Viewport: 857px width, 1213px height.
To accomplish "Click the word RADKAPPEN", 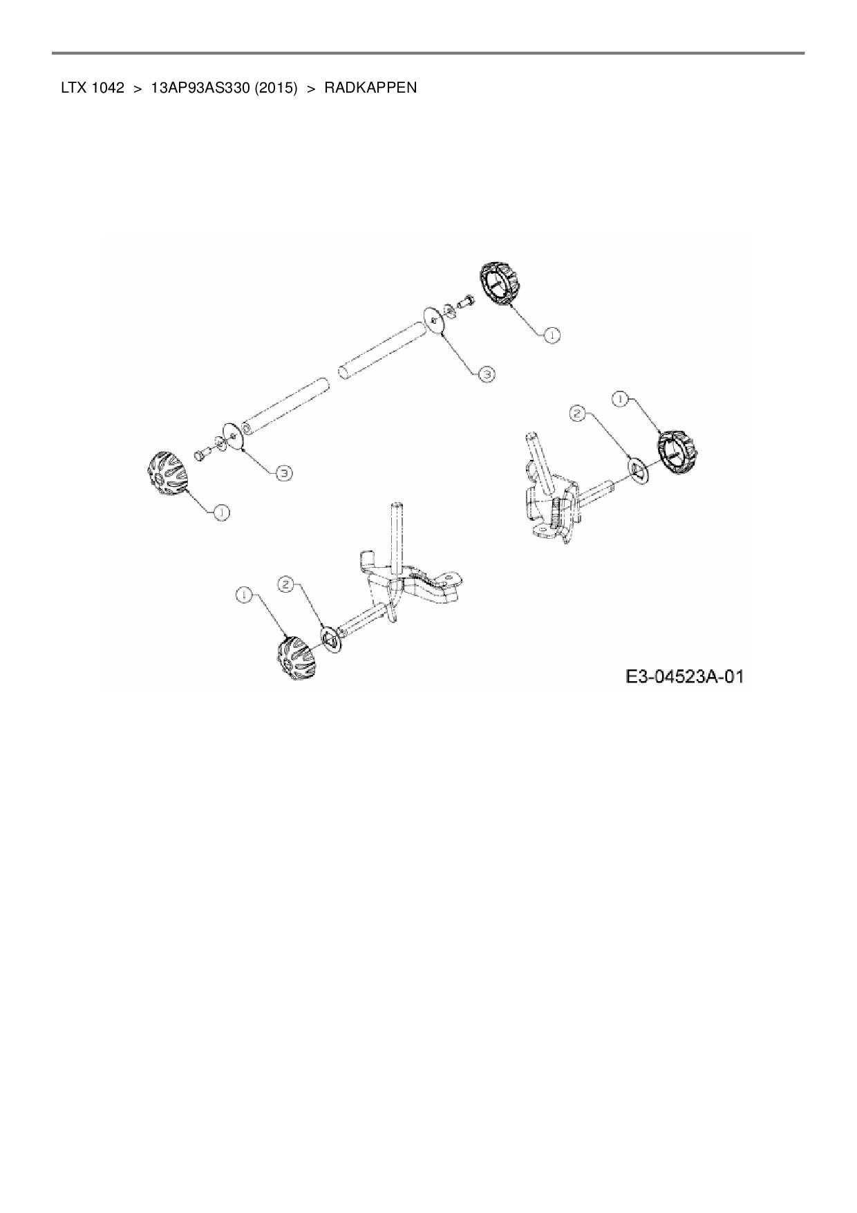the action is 370,88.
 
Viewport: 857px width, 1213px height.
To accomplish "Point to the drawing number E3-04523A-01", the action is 684,676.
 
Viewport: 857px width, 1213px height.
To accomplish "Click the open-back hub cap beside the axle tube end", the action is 499,282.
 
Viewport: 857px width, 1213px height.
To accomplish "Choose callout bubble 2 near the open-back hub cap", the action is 577,414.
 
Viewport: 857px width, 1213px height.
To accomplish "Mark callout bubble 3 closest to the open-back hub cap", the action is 487,373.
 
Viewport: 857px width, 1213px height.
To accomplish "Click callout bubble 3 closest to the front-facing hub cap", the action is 283,473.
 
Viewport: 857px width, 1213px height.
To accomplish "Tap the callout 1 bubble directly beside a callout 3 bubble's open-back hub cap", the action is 552,335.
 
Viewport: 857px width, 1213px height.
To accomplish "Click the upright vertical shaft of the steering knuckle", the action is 397,540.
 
